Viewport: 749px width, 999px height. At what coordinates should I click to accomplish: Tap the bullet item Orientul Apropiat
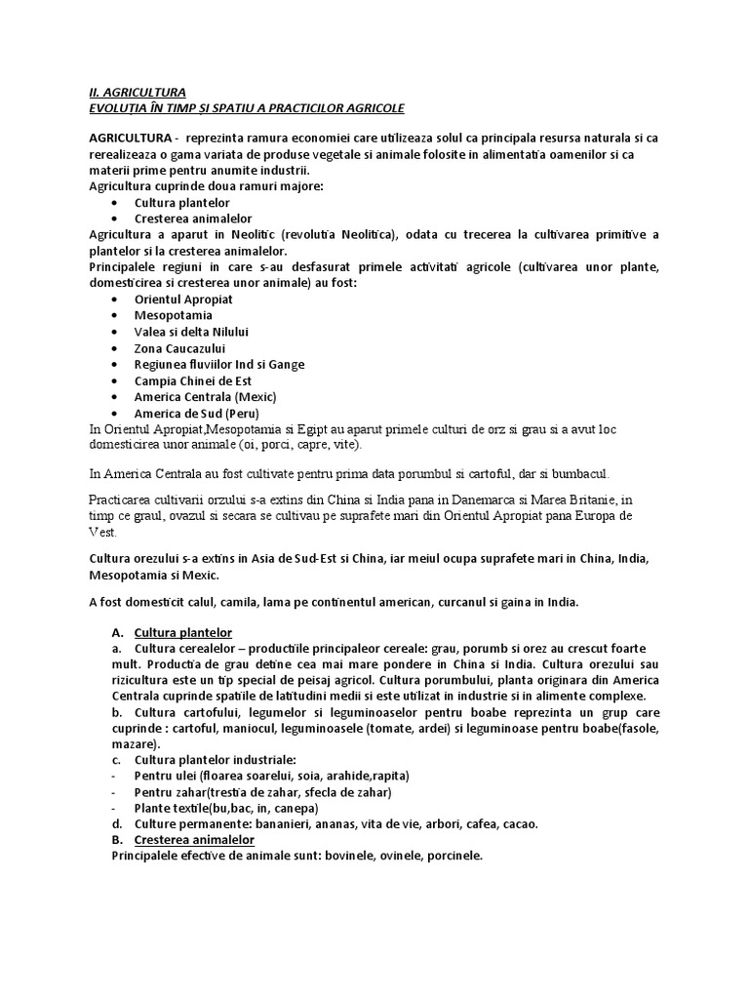(x=183, y=299)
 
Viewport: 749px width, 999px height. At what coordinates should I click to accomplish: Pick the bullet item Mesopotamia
(x=174, y=315)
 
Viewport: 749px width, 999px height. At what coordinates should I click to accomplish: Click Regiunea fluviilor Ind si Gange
(x=219, y=364)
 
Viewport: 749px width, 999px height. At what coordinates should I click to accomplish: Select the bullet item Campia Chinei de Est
(x=193, y=380)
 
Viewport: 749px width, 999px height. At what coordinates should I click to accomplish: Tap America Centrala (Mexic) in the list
(x=206, y=397)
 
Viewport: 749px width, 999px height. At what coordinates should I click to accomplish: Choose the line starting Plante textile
(x=226, y=808)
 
